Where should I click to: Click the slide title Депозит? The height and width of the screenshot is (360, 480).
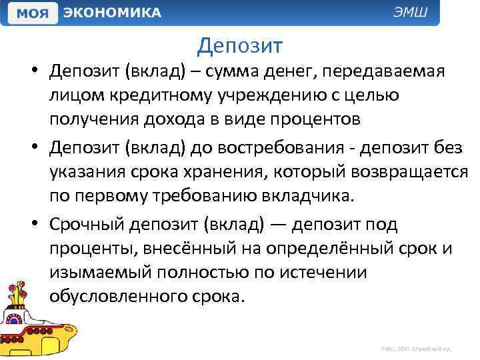[240, 45]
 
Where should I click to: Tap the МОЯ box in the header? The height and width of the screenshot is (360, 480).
[31, 13]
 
